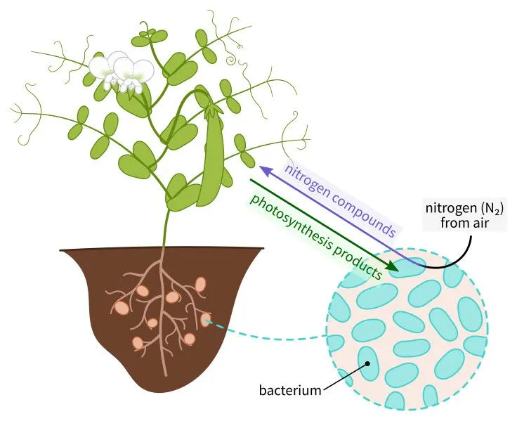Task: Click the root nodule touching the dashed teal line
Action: pos(206,320)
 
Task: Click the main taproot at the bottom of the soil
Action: pos(164,358)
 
